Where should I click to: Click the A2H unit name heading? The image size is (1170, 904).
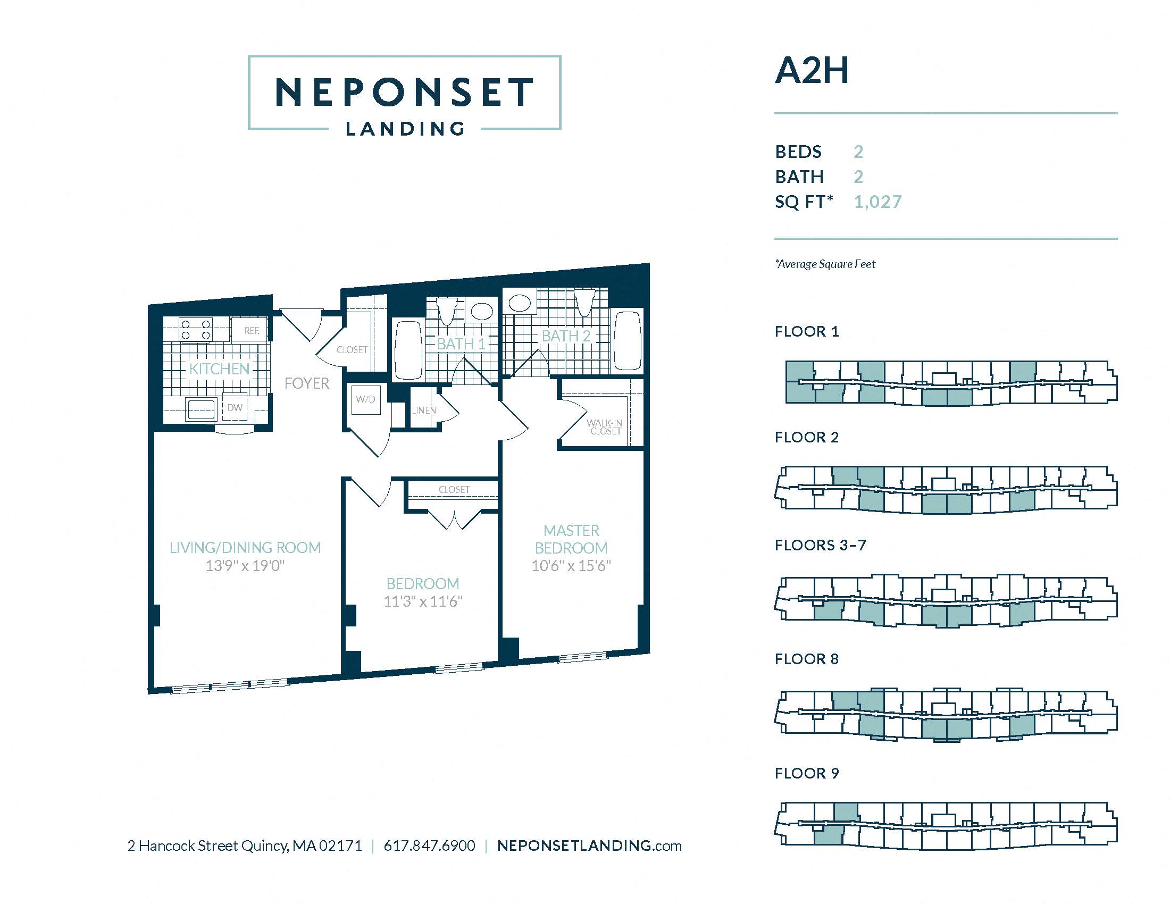click(x=812, y=70)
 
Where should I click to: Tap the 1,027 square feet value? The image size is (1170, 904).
click(x=878, y=202)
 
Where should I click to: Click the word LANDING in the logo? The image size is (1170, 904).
click(x=405, y=129)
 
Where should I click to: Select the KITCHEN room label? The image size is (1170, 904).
click(x=220, y=369)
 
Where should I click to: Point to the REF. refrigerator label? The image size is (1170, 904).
click(x=252, y=330)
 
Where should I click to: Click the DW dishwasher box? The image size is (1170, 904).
click(x=235, y=408)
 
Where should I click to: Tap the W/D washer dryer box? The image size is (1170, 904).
click(x=366, y=399)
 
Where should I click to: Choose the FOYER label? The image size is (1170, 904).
click(x=307, y=383)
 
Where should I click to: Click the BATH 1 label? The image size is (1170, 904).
click(x=461, y=344)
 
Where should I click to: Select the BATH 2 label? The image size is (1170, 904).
click(x=566, y=336)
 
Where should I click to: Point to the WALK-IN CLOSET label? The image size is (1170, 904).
click(x=605, y=427)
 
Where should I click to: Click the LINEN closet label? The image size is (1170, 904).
click(x=424, y=410)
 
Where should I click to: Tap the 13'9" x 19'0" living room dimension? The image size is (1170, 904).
click(x=245, y=566)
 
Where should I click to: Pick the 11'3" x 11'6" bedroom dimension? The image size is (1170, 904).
click(x=423, y=601)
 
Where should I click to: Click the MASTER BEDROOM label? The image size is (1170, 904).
click(x=571, y=539)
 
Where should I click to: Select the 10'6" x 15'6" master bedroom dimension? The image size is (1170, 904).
click(x=571, y=566)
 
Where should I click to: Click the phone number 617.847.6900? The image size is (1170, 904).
click(x=430, y=846)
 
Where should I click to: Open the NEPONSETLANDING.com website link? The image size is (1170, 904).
click(x=589, y=846)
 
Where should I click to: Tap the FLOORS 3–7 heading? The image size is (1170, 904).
click(x=820, y=545)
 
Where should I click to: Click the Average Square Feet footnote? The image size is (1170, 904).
click(x=825, y=264)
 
